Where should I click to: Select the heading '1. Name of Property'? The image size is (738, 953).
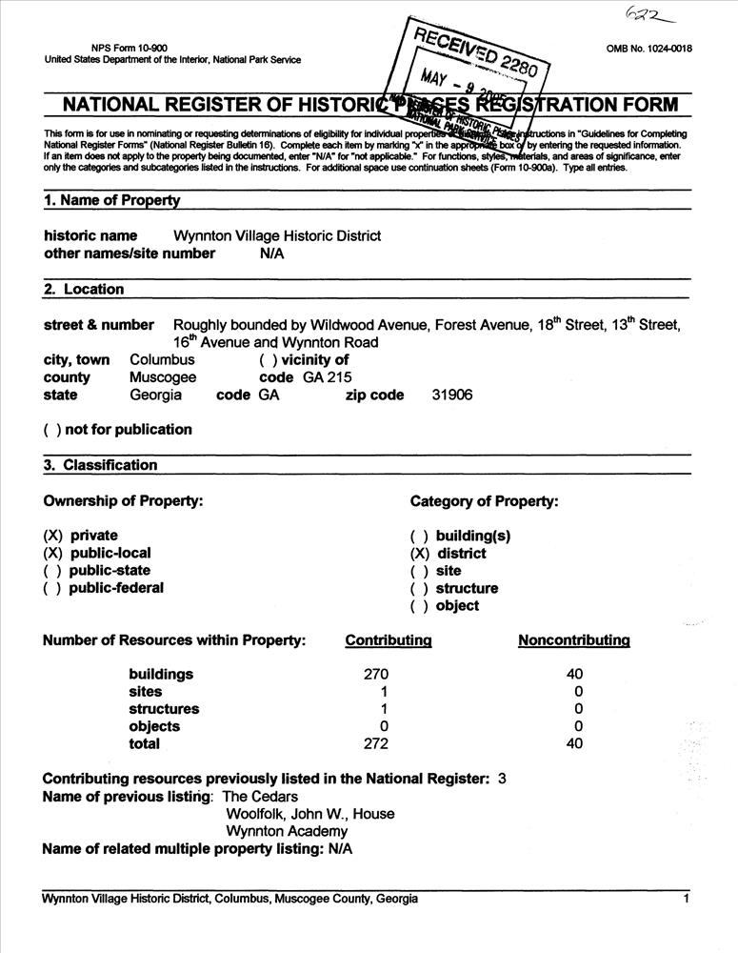(111, 200)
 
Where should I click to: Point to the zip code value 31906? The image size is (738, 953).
(451, 395)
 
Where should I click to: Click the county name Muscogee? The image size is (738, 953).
(163, 377)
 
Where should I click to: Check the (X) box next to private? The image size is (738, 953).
(52, 536)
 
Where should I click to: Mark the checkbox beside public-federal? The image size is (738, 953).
(52, 588)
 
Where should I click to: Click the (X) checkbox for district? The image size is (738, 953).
(419, 554)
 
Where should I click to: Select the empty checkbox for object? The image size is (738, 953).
(419, 606)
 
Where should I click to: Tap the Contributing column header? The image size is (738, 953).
(388, 640)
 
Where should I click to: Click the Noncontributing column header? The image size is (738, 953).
(573, 640)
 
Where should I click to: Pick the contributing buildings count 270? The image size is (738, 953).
(376, 675)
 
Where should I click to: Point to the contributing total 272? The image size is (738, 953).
(376, 744)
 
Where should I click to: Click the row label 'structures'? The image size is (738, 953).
(164, 709)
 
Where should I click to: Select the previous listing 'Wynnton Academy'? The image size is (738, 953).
(287, 831)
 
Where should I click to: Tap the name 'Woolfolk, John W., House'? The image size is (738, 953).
(309, 814)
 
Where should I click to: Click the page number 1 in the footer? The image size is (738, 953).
(685, 899)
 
